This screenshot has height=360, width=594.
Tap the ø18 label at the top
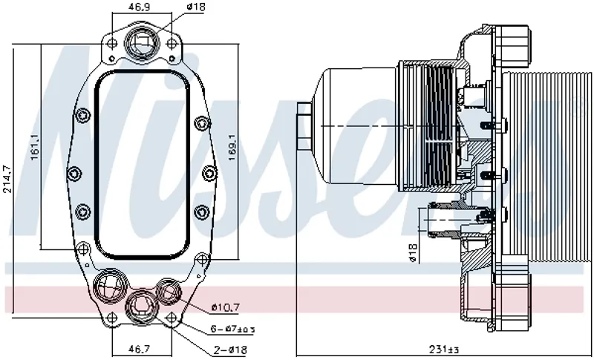click(195, 7)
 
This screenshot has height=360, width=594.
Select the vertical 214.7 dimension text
click(7, 179)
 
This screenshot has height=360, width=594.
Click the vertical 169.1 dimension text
click(232, 149)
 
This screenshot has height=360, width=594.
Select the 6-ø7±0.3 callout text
click(232, 329)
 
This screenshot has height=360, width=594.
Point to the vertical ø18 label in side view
click(413, 255)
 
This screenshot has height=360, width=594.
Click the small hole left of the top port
click(111, 44)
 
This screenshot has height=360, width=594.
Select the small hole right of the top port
click(172, 44)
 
